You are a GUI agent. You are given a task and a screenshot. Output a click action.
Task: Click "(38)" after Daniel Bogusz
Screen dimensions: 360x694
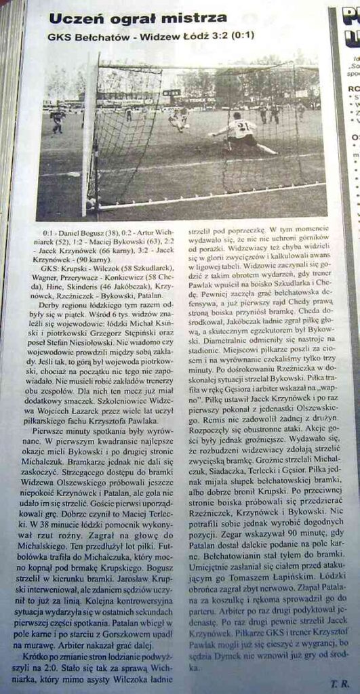(108, 230)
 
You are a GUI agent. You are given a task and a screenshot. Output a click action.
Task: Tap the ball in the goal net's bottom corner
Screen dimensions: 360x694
(92, 203)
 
